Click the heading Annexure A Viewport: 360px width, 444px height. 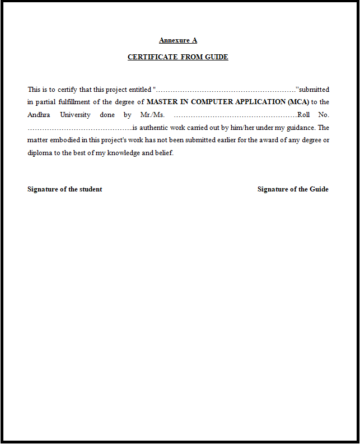(x=178, y=40)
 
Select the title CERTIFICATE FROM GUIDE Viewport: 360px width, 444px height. (x=178, y=57)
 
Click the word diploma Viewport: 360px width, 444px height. (x=39, y=153)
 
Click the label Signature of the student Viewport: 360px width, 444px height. (x=65, y=189)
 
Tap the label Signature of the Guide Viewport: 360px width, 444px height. (x=293, y=189)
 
